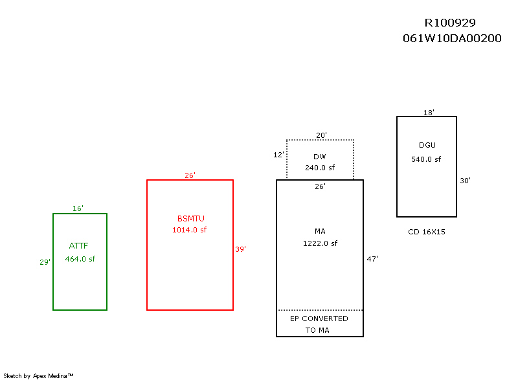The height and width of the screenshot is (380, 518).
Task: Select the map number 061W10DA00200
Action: click(x=451, y=38)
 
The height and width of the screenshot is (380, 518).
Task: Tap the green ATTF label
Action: click(x=78, y=245)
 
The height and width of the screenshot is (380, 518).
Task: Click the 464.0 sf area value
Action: click(x=80, y=259)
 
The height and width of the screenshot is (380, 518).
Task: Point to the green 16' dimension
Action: click(x=78, y=208)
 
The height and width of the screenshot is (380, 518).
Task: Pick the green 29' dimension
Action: click(x=45, y=262)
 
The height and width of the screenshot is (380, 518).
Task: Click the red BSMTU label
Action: click(x=190, y=218)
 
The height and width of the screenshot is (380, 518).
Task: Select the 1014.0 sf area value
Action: click(x=189, y=230)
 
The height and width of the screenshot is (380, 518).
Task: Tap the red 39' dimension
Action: click(x=240, y=249)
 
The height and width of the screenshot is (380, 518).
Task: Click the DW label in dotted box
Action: click(x=320, y=157)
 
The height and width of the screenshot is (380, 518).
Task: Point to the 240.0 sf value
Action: click(x=320, y=167)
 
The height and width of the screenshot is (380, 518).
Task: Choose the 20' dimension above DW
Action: click(x=321, y=135)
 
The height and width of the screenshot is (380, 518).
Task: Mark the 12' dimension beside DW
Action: click(x=278, y=155)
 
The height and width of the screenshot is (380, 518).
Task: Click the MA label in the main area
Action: click(x=320, y=231)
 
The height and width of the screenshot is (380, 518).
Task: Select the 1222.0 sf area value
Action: click(x=320, y=243)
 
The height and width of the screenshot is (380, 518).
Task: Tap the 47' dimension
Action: click(x=372, y=258)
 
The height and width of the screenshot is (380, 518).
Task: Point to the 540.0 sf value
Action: click(x=426, y=159)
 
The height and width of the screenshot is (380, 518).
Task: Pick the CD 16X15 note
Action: click(x=426, y=231)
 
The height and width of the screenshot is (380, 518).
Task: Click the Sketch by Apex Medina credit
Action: click(x=38, y=375)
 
